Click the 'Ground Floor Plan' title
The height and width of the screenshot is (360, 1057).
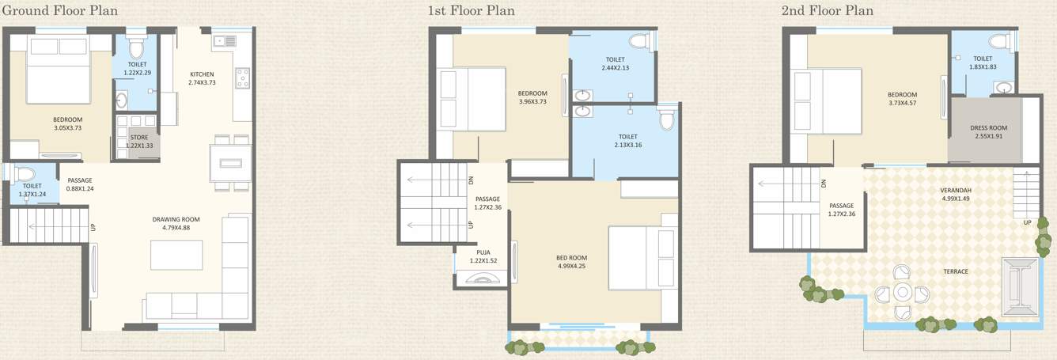60,10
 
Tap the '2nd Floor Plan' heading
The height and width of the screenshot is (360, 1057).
827,10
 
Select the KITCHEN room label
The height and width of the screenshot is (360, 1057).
202,74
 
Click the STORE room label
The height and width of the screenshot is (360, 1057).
138,138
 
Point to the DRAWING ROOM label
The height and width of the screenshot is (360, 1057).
176,219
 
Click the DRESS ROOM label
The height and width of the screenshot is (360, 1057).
989,128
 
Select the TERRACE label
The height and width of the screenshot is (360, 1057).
956,271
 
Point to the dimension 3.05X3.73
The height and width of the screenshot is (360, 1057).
68,128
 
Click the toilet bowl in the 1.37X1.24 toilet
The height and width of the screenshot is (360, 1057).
24,173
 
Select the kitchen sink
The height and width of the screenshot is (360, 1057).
220,40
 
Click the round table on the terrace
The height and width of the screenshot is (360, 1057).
903,294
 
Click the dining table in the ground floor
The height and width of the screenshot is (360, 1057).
230,164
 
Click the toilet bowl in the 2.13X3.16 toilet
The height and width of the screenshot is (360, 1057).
666,119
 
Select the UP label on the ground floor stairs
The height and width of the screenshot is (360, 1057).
93,227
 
